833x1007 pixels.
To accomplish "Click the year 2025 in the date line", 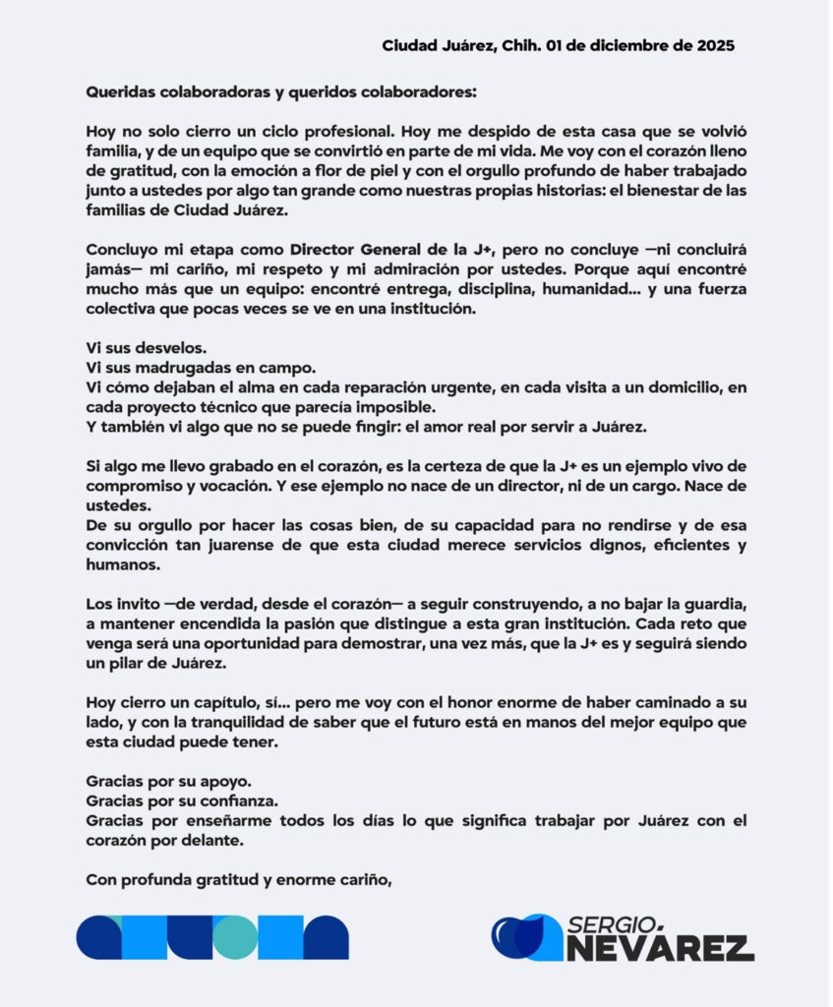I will (715, 45).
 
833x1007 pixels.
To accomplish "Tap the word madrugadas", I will (187, 367).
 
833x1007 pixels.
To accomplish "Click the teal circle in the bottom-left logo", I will (234, 937).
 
